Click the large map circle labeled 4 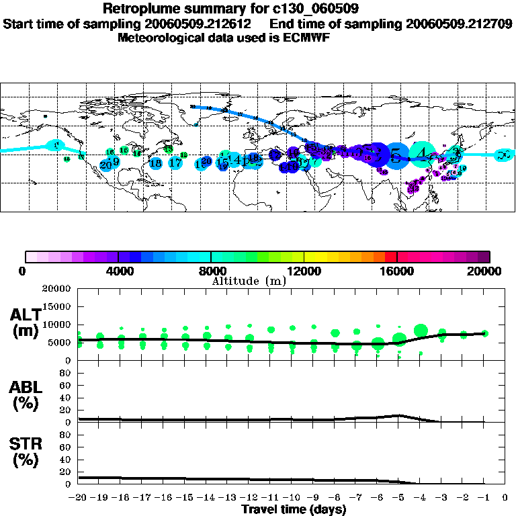422,155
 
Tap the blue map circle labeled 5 398,156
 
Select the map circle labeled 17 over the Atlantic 175,163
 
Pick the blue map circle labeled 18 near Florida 156,163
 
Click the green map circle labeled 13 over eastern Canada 169,148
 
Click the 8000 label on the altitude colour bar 211,271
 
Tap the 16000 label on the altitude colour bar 397,271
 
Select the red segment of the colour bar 390,257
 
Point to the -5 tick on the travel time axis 399,498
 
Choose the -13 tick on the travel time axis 228,498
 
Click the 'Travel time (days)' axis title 294,509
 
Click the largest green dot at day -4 421,330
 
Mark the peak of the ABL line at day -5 399,415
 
